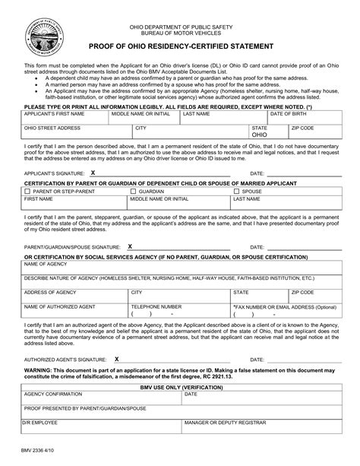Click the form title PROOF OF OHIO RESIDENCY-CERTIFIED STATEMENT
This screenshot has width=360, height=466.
click(180, 47)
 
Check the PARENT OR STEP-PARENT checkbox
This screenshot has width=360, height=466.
click(27, 192)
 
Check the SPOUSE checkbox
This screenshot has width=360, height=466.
click(236, 192)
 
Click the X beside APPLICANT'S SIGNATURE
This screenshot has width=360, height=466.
click(93, 172)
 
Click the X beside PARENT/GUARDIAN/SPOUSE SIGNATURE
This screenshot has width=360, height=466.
click(130, 246)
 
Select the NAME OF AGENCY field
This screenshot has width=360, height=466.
click(180, 267)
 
